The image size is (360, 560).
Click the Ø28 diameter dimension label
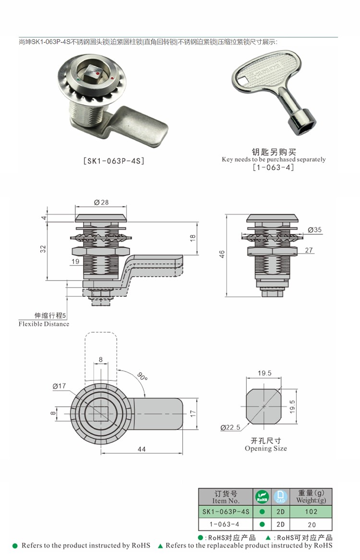coord(101,203)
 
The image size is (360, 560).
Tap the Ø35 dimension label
coord(314,230)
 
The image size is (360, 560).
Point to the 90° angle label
coord(142,377)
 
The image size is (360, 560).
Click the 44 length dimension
coord(141,449)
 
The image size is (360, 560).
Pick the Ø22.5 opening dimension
coord(230,427)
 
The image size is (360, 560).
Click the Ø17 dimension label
coord(59,386)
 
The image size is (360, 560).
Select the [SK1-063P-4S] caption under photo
coord(114,161)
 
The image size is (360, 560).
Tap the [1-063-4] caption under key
coord(273,167)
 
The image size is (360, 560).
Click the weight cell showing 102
coord(311,512)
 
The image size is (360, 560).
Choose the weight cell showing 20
coord(311,524)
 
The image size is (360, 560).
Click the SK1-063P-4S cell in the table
coord(226,512)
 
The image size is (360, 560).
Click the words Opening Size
coord(265,449)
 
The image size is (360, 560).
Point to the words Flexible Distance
coord(44,324)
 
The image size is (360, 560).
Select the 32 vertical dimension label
coord(43,248)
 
